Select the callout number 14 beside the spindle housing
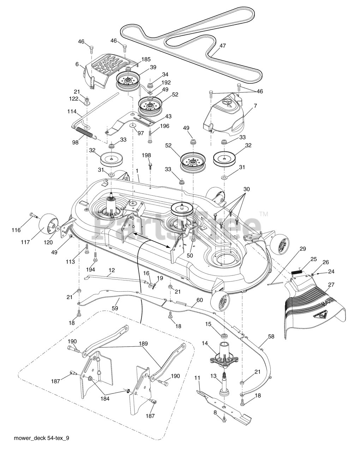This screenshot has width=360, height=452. click(205, 343)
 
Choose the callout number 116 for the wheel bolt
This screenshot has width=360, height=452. click(16, 230)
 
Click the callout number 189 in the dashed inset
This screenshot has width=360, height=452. click(143, 344)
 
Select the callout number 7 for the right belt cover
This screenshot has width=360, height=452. click(255, 106)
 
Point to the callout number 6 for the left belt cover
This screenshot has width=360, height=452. click(77, 64)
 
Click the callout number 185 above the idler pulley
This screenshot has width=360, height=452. click(146, 59)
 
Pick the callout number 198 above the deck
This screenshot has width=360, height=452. click(146, 155)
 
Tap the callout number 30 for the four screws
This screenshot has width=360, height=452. click(247, 189)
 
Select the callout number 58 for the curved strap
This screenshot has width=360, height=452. click(271, 337)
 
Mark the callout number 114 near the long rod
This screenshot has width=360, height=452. click(72, 111)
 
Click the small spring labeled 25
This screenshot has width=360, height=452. click(297, 272)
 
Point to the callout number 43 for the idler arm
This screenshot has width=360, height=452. click(168, 116)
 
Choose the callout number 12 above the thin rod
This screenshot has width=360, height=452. click(112, 270)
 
